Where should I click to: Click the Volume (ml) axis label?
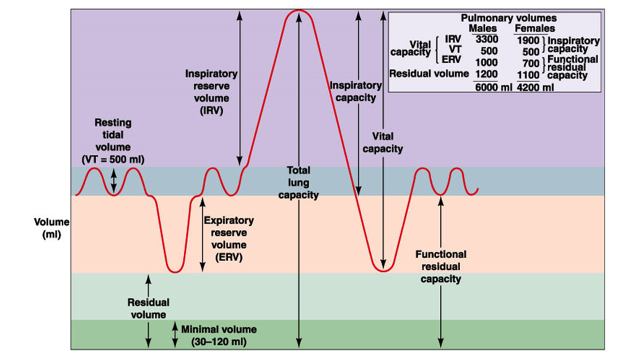tap(51, 228)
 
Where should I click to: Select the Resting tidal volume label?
tap(113, 141)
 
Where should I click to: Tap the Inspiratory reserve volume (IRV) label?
tap(211, 92)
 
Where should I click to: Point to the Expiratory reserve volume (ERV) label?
tap(229, 238)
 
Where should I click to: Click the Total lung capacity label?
tap(298, 183)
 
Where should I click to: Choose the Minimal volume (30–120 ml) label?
tap(219, 336)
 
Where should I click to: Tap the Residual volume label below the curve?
tap(148, 309)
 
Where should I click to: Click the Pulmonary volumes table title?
tap(509, 18)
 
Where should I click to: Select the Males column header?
tap(483, 28)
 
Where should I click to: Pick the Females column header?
tap(535, 28)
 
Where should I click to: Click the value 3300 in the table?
tap(487, 39)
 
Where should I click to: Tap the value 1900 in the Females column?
tap(529, 41)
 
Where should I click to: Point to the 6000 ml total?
tap(493, 87)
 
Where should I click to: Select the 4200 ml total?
tap(535, 87)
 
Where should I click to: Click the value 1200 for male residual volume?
tap(487, 74)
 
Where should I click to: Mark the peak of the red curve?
tap(299, 10)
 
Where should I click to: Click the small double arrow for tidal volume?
tap(114, 181)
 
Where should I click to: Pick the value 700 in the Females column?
tap(531, 63)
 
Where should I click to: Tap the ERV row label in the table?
tap(451, 59)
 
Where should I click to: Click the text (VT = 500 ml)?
tap(113, 159)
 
